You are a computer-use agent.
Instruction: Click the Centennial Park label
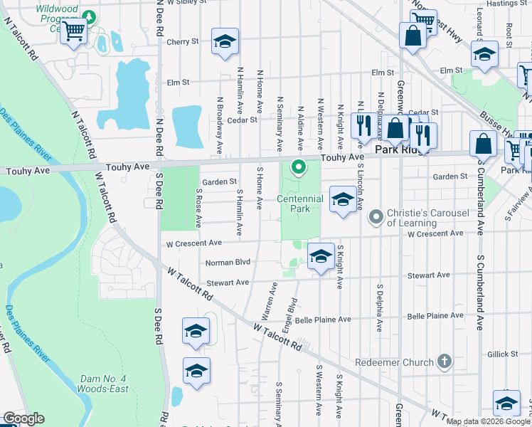pos(293,204)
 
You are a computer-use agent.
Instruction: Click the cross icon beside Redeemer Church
pos(445,362)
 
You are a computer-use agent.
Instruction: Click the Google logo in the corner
pos(23,418)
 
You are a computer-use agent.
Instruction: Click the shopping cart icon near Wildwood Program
pos(73,31)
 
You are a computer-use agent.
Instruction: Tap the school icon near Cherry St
pos(224,42)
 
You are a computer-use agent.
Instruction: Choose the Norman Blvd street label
pos(228,262)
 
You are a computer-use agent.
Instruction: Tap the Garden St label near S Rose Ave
pos(219,181)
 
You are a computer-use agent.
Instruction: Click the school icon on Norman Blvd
pos(321,257)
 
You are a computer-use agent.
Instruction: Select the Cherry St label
pos(182,42)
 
